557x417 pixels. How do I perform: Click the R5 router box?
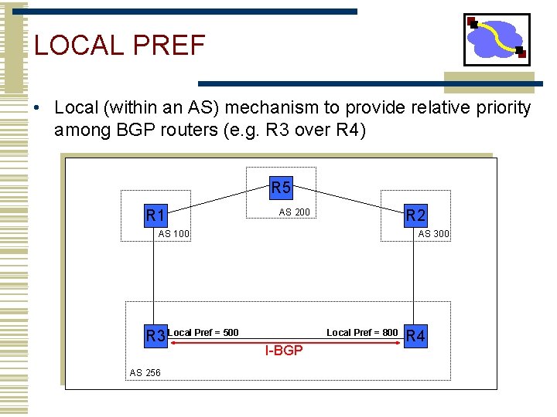tap(281, 187)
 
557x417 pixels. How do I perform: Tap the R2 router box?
tap(415, 215)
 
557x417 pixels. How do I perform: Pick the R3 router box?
tap(156, 336)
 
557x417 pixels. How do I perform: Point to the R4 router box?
tap(415, 336)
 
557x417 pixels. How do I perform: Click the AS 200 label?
tap(294, 212)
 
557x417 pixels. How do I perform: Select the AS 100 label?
tap(174, 234)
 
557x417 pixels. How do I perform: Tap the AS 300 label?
tap(433, 234)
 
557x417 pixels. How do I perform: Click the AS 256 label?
tap(145, 373)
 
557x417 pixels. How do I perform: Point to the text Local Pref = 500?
tap(203, 333)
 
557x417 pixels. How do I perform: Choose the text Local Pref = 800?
tap(362, 333)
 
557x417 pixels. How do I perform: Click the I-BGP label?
tap(284, 351)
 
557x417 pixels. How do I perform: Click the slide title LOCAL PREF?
tap(120, 46)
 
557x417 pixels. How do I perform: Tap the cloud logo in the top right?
tap(497, 39)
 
